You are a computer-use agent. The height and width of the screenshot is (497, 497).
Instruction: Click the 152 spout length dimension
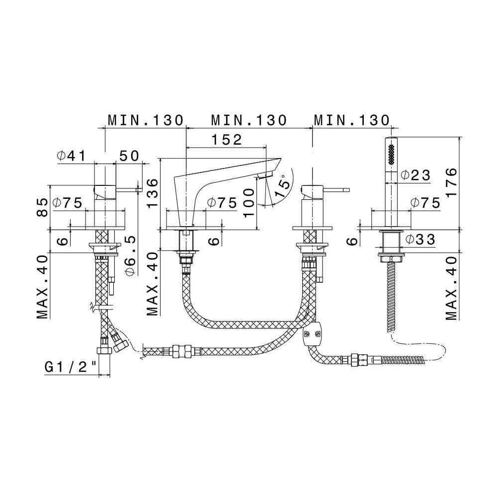(x=227, y=140)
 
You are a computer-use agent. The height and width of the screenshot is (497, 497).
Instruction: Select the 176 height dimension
(x=451, y=182)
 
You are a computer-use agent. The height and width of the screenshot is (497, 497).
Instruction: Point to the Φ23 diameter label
(x=415, y=175)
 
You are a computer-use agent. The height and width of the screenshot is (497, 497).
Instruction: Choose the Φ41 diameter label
(x=71, y=156)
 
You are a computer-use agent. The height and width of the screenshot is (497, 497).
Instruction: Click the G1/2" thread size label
(x=71, y=368)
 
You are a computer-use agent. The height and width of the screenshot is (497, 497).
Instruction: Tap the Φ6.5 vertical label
(x=131, y=255)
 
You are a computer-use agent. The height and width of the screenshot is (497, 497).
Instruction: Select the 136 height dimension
(x=152, y=193)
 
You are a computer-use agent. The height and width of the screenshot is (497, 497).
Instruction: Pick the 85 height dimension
(x=42, y=207)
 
